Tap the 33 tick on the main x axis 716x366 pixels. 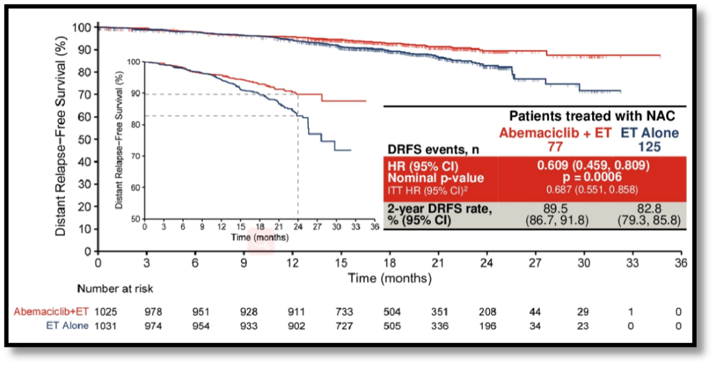pyautogui.click(x=632, y=262)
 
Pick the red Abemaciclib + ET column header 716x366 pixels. pyautogui.click(x=556, y=133)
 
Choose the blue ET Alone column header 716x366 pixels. pyautogui.click(x=650, y=133)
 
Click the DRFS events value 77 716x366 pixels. pyautogui.click(x=556, y=145)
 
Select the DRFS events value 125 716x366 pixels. pyautogui.click(x=650, y=145)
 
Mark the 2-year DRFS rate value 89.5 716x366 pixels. pyautogui.click(x=556, y=208)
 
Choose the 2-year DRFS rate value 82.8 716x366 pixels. pyautogui.click(x=650, y=208)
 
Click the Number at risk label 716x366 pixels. pyautogui.click(x=115, y=289)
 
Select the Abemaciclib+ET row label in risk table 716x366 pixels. pyautogui.click(x=51, y=311)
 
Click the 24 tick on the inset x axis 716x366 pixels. pyautogui.click(x=298, y=226)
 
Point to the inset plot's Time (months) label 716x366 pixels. pyautogui.click(x=259, y=237)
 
